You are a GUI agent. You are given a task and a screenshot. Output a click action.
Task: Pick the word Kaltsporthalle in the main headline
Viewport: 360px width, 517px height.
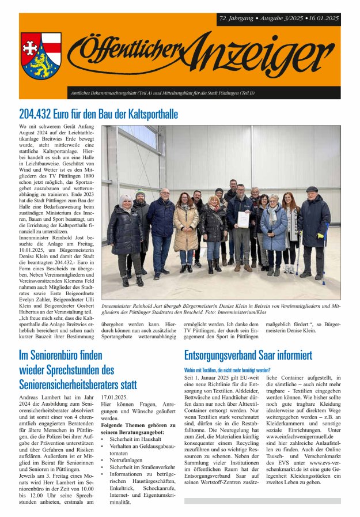(x=151, y=114)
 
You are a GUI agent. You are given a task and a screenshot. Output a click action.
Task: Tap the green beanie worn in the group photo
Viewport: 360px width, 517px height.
(x=140, y=194)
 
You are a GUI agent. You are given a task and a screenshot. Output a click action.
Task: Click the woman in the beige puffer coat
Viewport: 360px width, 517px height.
(x=185, y=228)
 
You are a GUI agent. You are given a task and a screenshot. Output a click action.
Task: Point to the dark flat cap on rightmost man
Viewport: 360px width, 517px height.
(x=312, y=189)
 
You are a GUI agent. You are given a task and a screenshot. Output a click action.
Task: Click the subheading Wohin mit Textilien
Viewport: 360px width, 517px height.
(x=227, y=369)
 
